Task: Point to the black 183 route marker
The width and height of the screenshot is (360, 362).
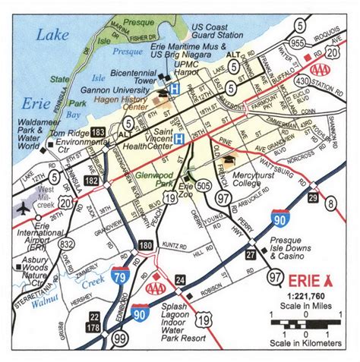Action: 97,133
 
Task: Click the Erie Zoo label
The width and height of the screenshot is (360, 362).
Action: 187,187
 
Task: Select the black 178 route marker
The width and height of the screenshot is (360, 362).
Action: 94,327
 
